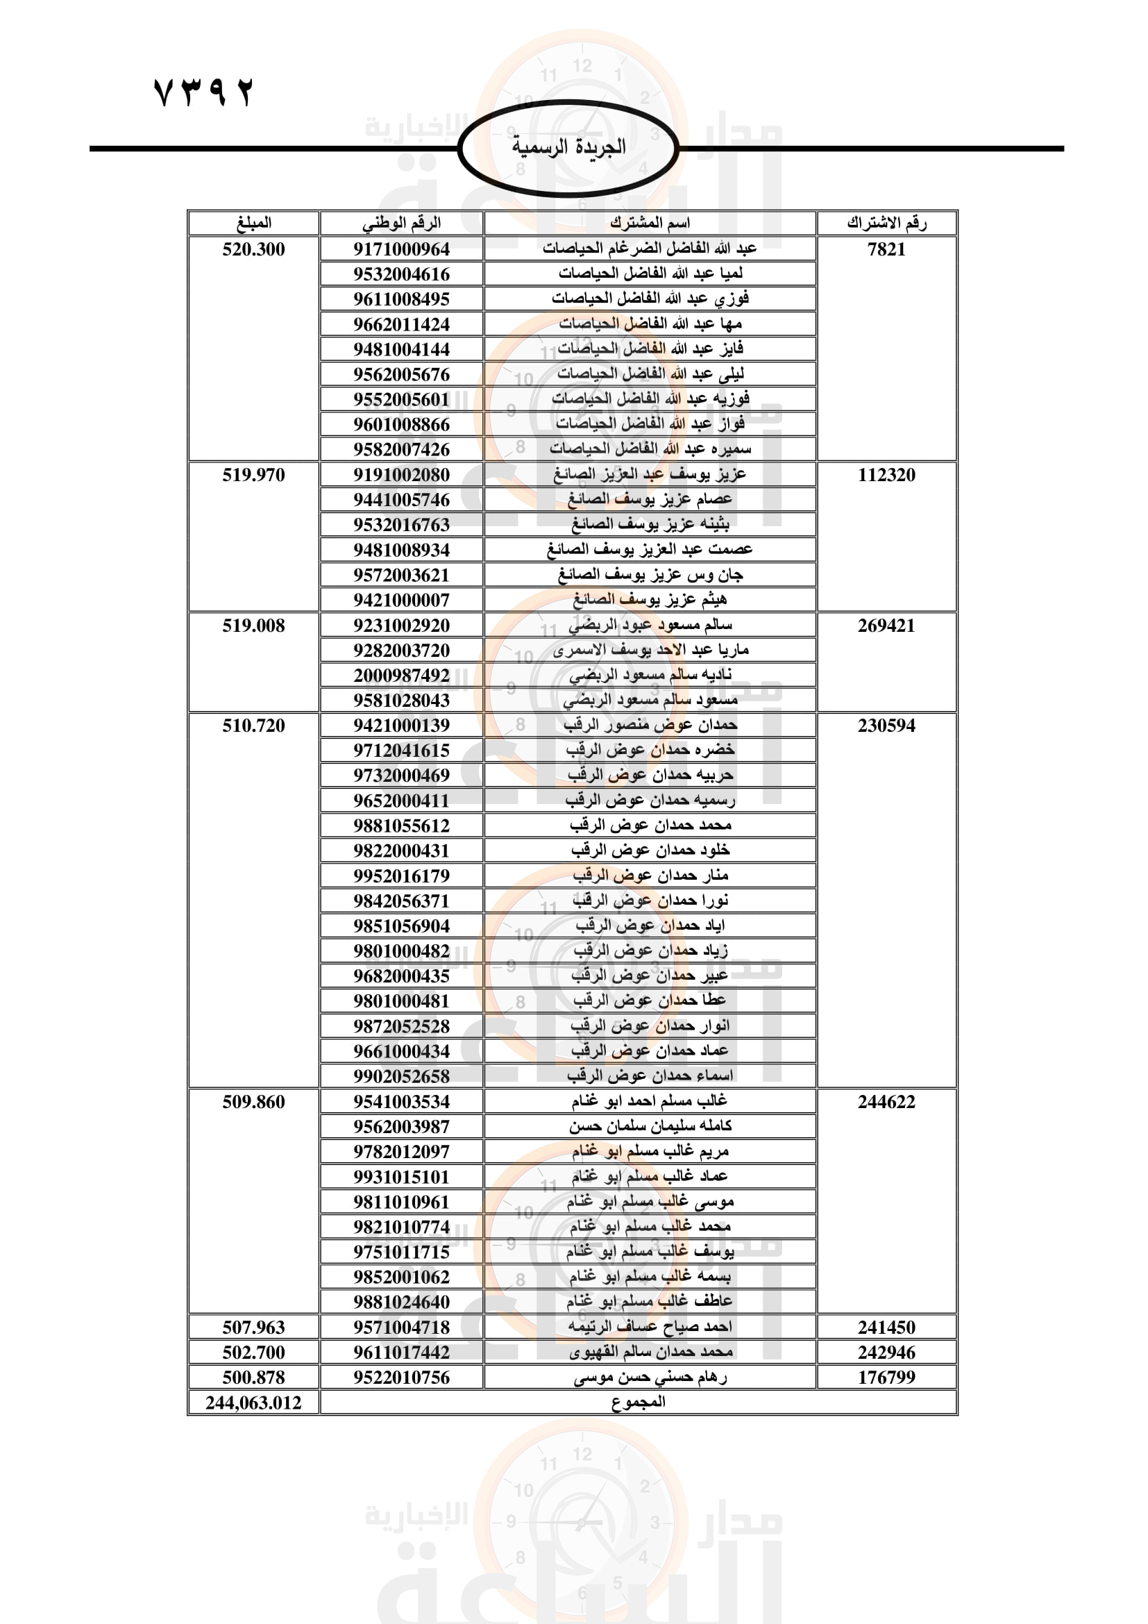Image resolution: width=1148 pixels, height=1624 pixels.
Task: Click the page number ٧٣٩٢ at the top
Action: pyautogui.click(x=203, y=92)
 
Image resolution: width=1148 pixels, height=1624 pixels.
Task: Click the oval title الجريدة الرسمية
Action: pyautogui.click(x=568, y=147)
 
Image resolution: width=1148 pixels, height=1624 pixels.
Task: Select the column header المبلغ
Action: pyautogui.click(x=253, y=223)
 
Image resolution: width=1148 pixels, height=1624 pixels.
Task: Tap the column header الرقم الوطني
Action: pyautogui.click(x=401, y=223)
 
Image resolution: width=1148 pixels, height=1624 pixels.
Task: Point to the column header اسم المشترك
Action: pyautogui.click(x=650, y=223)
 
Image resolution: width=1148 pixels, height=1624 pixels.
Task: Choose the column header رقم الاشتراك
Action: pyautogui.click(x=886, y=223)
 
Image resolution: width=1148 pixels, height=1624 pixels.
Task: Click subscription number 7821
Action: pyautogui.click(x=886, y=249)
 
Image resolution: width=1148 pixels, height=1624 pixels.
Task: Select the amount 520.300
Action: pyautogui.click(x=253, y=249)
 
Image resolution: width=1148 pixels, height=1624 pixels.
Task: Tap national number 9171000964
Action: pyautogui.click(x=401, y=249)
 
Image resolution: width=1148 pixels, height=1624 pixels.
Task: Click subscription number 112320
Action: pyautogui.click(x=886, y=475)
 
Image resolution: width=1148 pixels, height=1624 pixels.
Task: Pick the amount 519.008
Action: pyautogui.click(x=253, y=626)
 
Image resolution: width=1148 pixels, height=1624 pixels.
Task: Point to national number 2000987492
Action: pyautogui.click(x=401, y=676)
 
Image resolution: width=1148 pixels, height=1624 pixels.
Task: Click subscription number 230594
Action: pyautogui.click(x=886, y=726)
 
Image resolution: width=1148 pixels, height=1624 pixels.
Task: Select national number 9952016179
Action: pyautogui.click(x=401, y=876)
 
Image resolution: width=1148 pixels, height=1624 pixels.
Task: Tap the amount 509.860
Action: pyautogui.click(x=253, y=1102)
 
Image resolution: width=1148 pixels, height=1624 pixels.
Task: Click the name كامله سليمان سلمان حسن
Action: pyautogui.click(x=650, y=1126)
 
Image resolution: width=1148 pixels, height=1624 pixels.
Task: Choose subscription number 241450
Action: pyautogui.click(x=886, y=1328)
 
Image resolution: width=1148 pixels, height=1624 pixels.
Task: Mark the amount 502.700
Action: pyautogui.click(x=253, y=1353)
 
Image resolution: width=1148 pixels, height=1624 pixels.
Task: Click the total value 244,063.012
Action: pyautogui.click(x=253, y=1403)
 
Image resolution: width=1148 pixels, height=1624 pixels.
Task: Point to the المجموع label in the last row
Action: pyautogui.click(x=639, y=1402)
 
